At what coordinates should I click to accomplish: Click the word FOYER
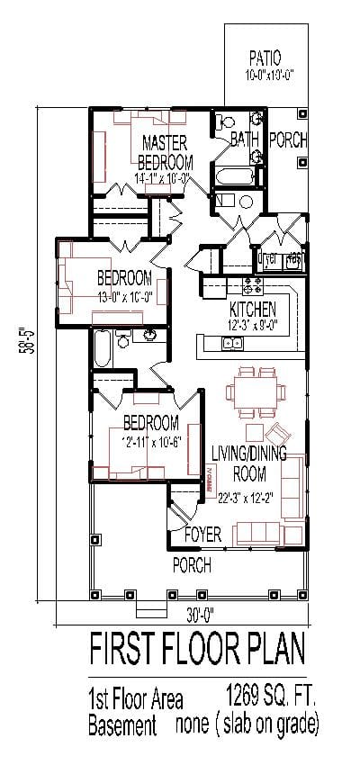pyautogui.click(x=202, y=535)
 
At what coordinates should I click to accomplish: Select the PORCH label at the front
pyautogui.click(x=192, y=566)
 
